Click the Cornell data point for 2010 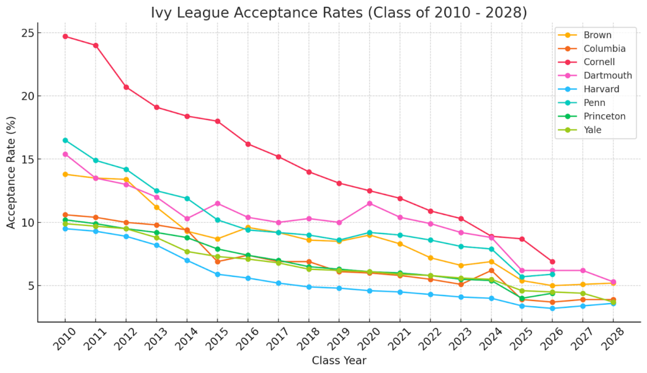coord(65,36)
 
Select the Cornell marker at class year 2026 coord(552,261)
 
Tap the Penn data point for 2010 coord(65,140)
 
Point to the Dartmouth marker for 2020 coord(370,203)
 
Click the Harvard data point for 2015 coord(217,274)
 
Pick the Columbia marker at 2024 coord(492,270)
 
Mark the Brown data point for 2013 coord(157,207)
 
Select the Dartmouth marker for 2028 coord(613,282)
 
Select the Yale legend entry coord(593,130)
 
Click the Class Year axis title coord(339,361)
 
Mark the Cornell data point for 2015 coord(217,121)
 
